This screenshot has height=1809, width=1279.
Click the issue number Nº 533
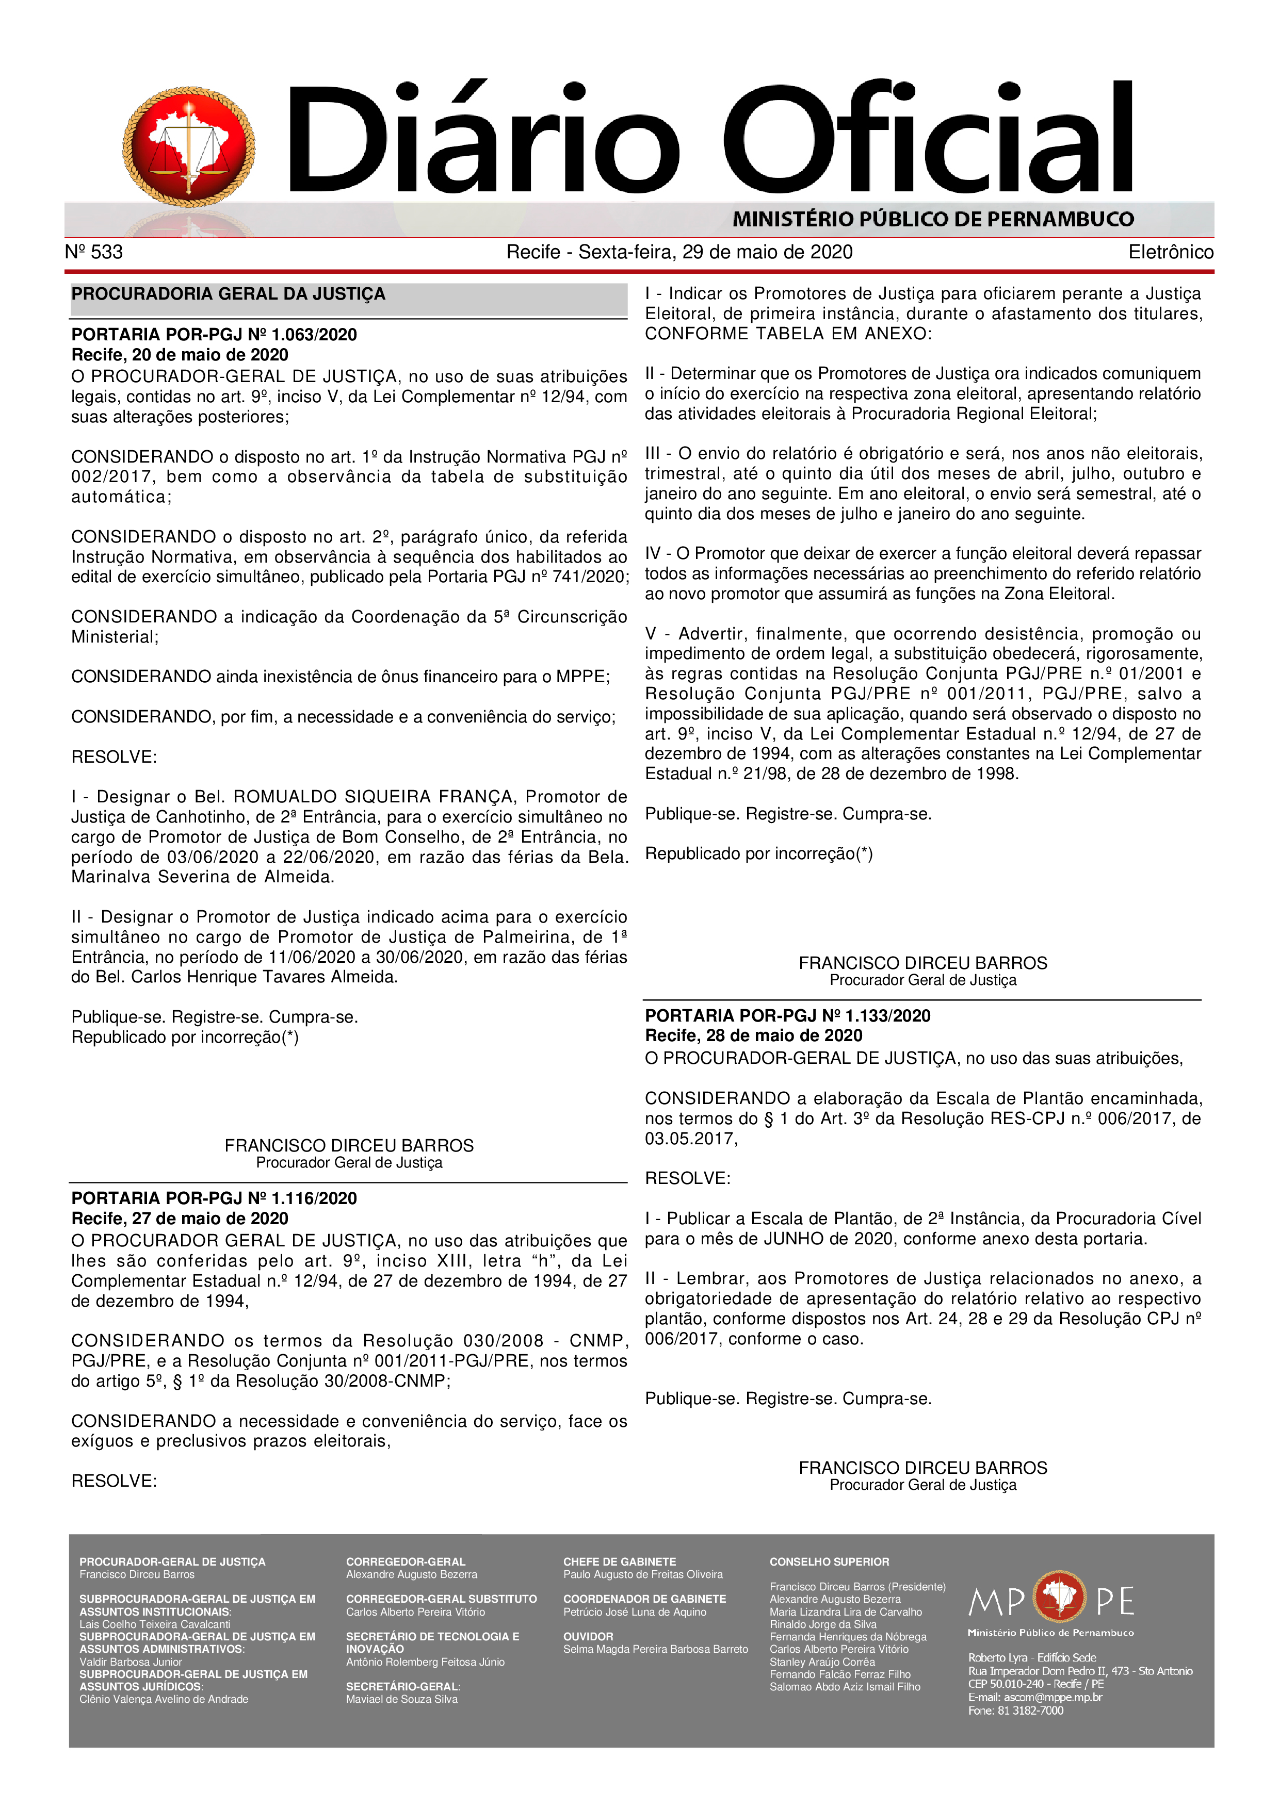[x=94, y=252]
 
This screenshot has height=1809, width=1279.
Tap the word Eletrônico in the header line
[x=1170, y=252]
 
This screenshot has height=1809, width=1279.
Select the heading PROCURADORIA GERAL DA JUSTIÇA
[x=229, y=294]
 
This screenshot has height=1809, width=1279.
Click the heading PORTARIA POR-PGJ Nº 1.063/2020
[x=214, y=334]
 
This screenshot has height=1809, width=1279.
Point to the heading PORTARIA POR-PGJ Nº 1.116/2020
[x=214, y=1198]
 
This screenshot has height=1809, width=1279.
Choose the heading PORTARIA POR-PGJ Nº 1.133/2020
[x=787, y=1015]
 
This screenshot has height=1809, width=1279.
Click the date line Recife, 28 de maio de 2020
[x=753, y=1035]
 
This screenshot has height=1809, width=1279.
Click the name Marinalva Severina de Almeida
[x=203, y=877]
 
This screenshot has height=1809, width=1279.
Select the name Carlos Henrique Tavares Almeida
[x=264, y=977]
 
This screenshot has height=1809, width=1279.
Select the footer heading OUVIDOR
[x=588, y=1636]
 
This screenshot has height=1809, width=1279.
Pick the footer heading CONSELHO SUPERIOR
[x=829, y=1561]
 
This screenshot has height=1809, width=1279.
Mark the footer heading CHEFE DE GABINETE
[x=620, y=1561]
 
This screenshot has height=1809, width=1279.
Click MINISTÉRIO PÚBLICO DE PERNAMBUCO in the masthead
[x=933, y=219]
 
